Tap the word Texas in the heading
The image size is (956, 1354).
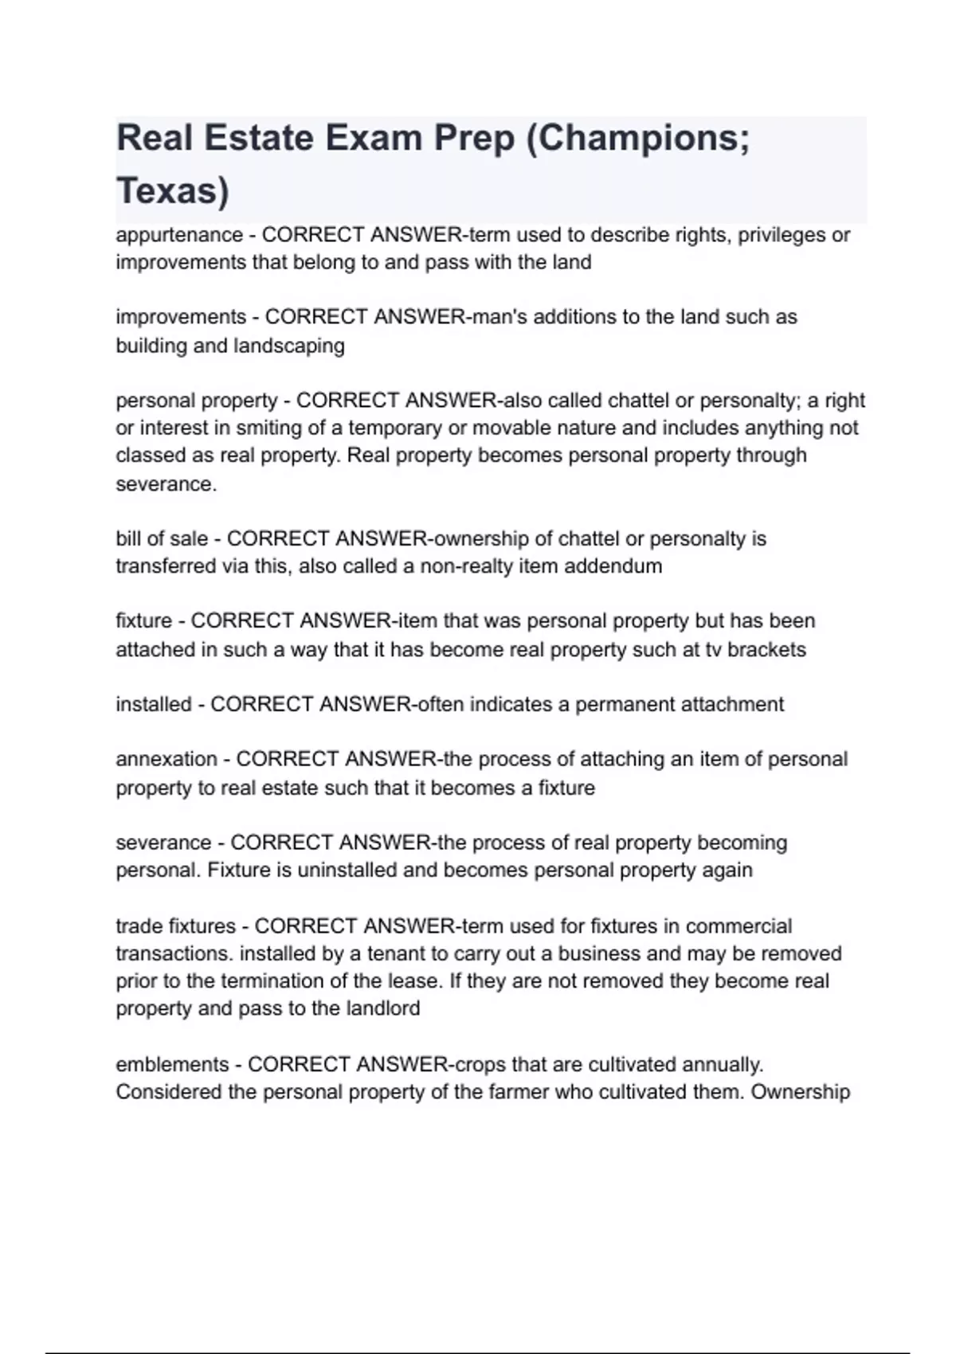coord(172,191)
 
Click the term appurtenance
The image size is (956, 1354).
coord(179,235)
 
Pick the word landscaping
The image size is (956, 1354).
coord(288,346)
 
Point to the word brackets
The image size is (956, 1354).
coord(766,649)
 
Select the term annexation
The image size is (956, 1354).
coord(167,759)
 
